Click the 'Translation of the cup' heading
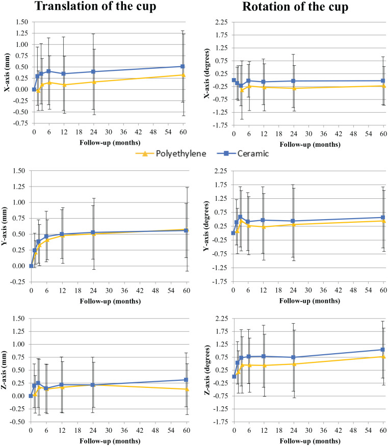click(x=95, y=7)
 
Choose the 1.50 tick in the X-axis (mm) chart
click(x=22, y=22)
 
